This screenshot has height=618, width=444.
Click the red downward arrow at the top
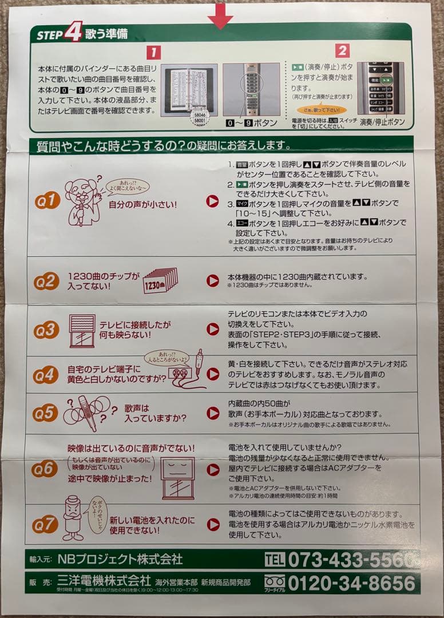[220, 15]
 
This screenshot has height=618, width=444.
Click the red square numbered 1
[153, 53]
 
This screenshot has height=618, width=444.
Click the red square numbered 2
[342, 51]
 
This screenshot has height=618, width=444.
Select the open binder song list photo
[188, 89]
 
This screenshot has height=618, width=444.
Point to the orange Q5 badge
[45, 413]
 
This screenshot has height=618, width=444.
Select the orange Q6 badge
[45, 469]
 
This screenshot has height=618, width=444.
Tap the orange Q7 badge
[45, 524]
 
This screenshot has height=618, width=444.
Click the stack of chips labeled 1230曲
[160, 280]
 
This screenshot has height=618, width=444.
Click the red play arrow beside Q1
[212, 201]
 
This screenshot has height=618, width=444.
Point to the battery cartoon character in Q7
[73, 518]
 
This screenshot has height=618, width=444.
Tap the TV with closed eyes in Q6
[178, 477]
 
